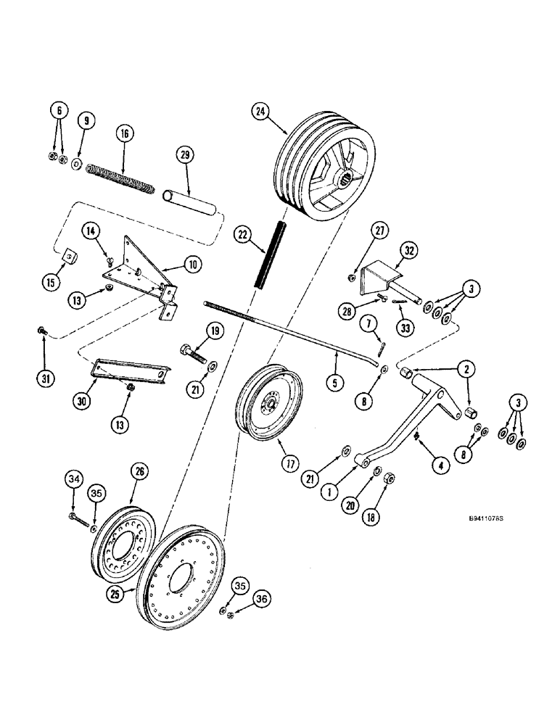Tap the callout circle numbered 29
tap(184, 156)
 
